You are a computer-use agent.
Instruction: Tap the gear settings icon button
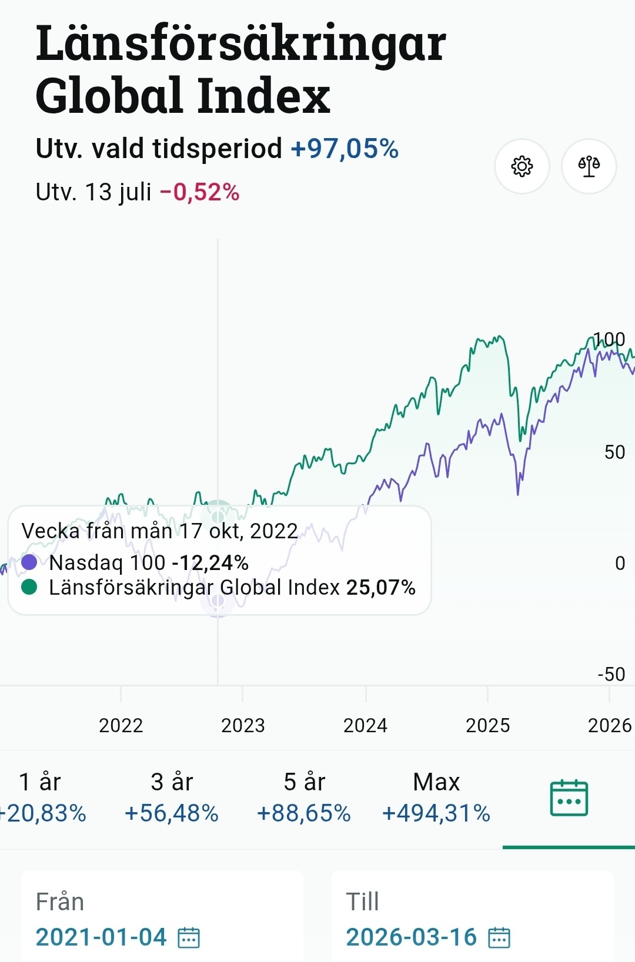pyautogui.click(x=522, y=166)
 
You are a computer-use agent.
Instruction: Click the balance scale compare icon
pyautogui.click(x=589, y=166)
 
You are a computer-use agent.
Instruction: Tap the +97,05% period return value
pyautogui.click(x=345, y=149)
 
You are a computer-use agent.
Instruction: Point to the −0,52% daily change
pyautogui.click(x=199, y=192)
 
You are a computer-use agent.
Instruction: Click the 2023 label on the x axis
pyautogui.click(x=243, y=725)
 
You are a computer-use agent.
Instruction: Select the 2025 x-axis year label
pyautogui.click(x=487, y=725)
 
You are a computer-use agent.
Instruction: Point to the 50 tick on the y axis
pyautogui.click(x=614, y=452)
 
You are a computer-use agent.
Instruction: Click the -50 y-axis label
pyautogui.click(x=611, y=674)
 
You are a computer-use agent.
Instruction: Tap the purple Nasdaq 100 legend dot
pyautogui.click(x=29, y=562)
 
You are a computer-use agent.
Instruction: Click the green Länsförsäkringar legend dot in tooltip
pyautogui.click(x=29, y=587)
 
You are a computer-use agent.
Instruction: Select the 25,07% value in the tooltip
pyautogui.click(x=381, y=588)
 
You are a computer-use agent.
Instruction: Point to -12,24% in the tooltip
pyautogui.click(x=210, y=562)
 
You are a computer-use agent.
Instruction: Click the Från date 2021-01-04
pyautogui.click(x=101, y=937)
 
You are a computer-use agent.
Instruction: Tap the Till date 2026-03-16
pyautogui.click(x=412, y=937)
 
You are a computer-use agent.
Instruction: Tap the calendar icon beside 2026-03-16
pyautogui.click(x=499, y=937)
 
